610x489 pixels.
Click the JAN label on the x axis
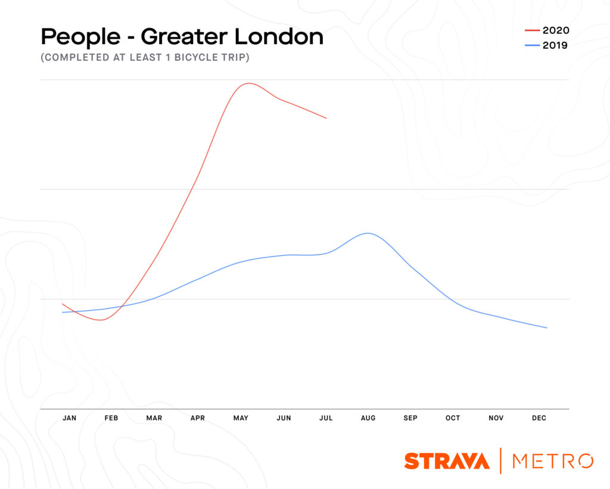(x=69, y=418)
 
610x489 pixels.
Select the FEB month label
(x=111, y=418)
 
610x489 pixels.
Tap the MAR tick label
(x=154, y=418)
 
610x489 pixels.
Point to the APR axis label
(x=198, y=418)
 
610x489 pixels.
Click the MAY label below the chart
(x=241, y=418)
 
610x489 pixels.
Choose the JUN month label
(x=284, y=418)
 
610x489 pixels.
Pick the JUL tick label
(x=326, y=418)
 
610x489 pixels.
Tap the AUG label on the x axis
(x=368, y=418)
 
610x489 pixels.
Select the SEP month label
(x=410, y=418)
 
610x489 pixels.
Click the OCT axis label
(x=453, y=418)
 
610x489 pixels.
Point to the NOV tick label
(x=496, y=418)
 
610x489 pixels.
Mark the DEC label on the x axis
(x=539, y=418)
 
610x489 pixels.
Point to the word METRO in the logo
(x=552, y=461)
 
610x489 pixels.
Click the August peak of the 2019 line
(x=368, y=233)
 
